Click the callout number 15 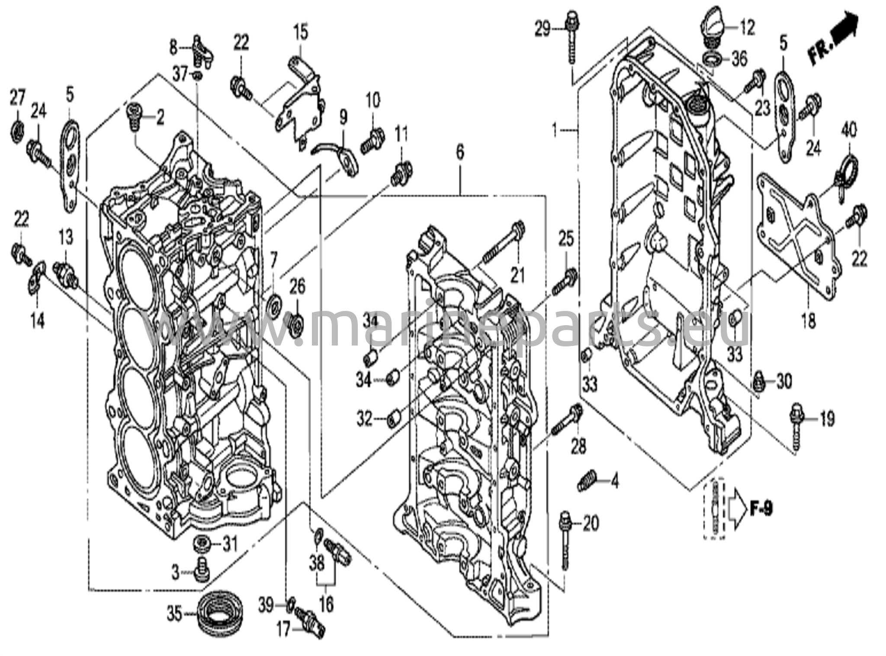[x=301, y=32]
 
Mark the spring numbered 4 [x=587, y=481]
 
